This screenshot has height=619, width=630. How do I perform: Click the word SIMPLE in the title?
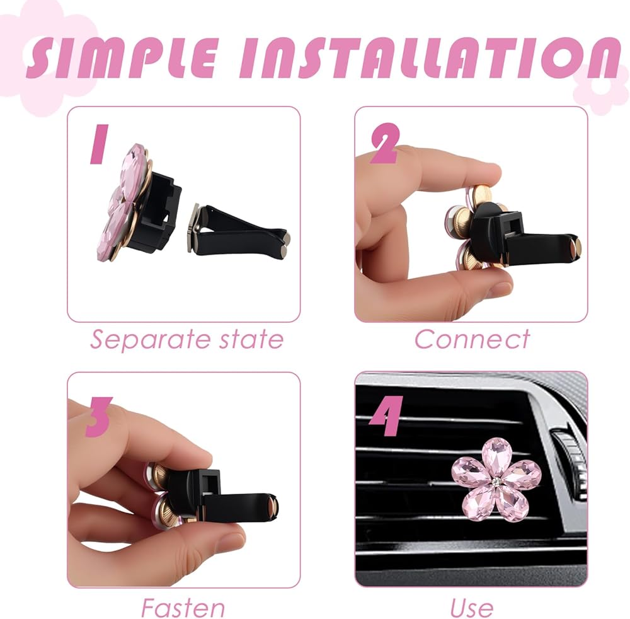123,57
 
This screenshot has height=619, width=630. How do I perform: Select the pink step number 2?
384,143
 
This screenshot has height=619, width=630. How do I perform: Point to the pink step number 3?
98,417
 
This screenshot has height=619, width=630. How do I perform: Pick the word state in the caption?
252,339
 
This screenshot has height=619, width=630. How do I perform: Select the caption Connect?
472,339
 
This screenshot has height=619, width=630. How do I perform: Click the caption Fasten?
183,608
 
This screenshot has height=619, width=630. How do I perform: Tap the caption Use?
472,608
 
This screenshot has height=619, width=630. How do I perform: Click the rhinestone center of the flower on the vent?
496,480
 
